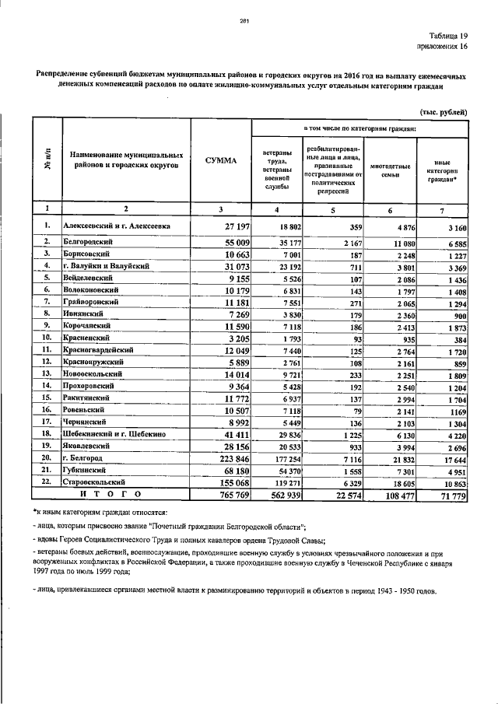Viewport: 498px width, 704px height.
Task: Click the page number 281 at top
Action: pos(244,20)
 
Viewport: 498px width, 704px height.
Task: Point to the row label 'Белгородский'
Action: pos(89,243)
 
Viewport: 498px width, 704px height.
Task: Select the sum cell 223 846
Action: pos(230,461)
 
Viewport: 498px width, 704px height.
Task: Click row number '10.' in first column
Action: pos(47,338)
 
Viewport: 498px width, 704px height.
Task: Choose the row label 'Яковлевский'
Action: pos(89,447)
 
